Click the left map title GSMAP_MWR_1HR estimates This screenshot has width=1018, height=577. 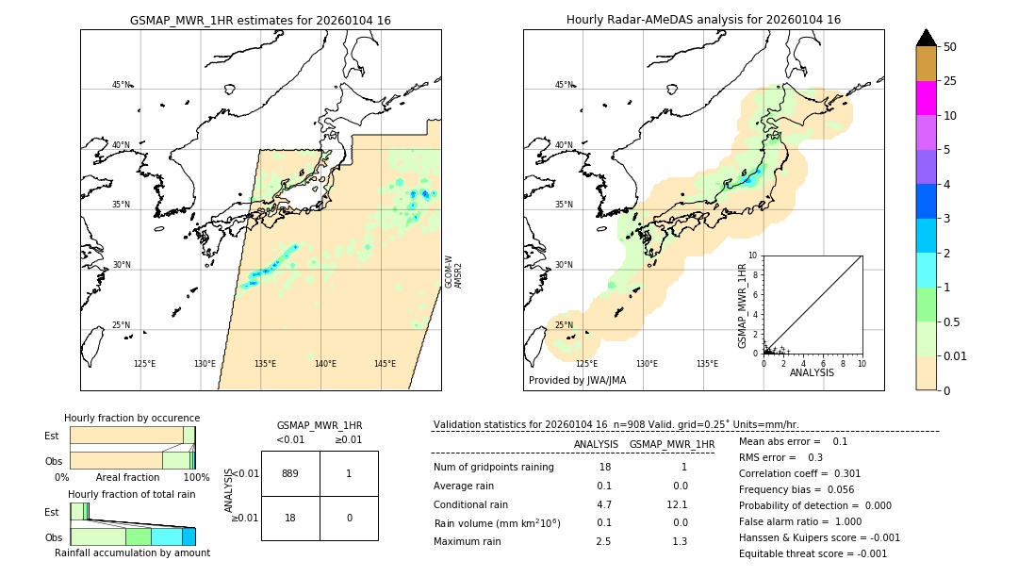260,20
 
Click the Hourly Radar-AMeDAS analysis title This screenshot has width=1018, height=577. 703,20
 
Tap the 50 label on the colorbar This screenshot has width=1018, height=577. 950,47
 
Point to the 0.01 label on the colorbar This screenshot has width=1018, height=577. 956,355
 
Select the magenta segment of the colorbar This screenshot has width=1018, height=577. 926,98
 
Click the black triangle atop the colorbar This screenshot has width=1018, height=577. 926,38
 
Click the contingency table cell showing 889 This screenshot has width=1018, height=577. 290,473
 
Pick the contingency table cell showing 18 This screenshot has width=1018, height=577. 290,517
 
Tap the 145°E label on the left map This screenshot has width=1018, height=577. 385,364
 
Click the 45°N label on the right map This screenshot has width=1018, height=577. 564,85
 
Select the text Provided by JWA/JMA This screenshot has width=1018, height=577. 577,381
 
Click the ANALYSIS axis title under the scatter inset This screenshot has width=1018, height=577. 812,372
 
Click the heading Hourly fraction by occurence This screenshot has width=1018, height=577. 132,418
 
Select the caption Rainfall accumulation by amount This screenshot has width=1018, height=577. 132,552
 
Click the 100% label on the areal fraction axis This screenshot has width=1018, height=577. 196,478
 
